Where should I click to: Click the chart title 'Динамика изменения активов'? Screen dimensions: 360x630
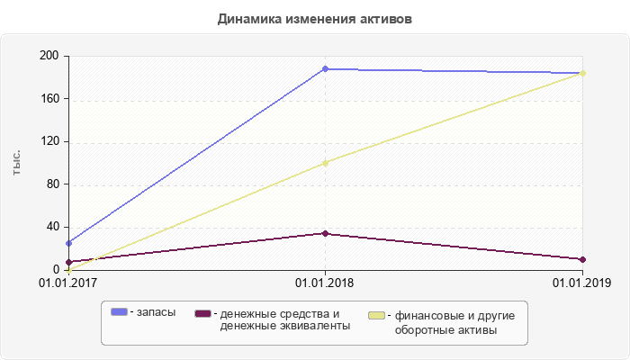tap(315, 18)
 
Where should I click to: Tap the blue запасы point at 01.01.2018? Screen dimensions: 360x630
tap(325, 68)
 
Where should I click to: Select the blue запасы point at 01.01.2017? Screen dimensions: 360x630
tap(68, 243)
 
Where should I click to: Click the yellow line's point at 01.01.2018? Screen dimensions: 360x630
tap(325, 163)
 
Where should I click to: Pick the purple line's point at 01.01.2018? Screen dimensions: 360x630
tap(325, 233)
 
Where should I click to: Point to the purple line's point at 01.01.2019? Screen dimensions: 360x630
tap(582, 259)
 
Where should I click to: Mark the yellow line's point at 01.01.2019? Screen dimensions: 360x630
tap(582, 73)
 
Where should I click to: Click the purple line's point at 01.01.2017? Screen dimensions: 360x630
tap(68, 262)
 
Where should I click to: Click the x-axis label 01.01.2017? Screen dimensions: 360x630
tap(68, 283)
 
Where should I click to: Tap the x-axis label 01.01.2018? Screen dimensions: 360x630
tap(325, 283)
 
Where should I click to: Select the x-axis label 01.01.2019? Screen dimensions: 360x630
tap(582, 283)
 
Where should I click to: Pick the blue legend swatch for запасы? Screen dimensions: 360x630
tap(119, 311)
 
